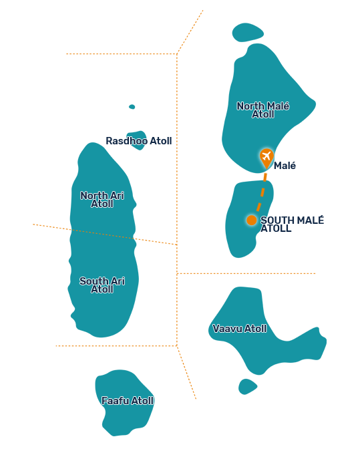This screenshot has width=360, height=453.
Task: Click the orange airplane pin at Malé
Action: coord(266,158)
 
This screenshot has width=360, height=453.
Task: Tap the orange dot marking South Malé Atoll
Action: coord(251,220)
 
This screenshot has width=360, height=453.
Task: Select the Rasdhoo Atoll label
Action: coord(139,141)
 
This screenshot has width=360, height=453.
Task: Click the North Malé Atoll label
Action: coord(262,110)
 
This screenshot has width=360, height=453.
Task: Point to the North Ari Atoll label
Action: coord(102,200)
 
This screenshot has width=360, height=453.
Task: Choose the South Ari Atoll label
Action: coord(102,285)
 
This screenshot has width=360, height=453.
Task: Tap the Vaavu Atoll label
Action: coord(240,329)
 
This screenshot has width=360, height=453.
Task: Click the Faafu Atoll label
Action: coord(128,401)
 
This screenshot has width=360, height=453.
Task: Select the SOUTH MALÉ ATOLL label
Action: coord(292,224)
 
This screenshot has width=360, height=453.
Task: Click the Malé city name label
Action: coord(285,166)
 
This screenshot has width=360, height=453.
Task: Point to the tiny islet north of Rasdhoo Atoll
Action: coord(132,107)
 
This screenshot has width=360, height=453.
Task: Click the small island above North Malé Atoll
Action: coord(248,32)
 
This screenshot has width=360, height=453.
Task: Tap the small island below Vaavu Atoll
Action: coord(247,387)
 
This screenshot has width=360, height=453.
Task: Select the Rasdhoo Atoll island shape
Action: coord(136,140)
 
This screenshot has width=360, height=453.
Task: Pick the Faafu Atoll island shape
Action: coord(124,403)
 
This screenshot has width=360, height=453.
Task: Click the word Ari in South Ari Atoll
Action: coord(118,281)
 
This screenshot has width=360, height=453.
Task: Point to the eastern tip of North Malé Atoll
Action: coord(315,104)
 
